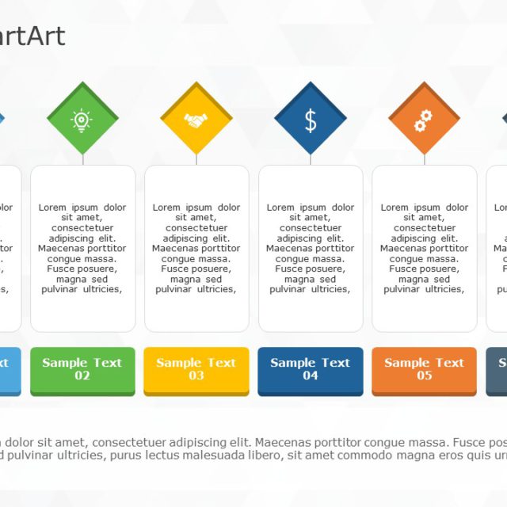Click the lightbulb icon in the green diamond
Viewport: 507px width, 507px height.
pyautogui.click(x=82, y=120)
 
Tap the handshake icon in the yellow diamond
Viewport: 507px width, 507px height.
pyautogui.click(x=196, y=120)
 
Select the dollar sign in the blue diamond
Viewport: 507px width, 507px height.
pyautogui.click(x=311, y=120)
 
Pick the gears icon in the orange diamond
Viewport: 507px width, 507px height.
pyautogui.click(x=424, y=120)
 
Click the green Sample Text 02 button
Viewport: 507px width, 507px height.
pyautogui.click(x=82, y=370)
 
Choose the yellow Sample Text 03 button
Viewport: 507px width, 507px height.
pyautogui.click(x=196, y=370)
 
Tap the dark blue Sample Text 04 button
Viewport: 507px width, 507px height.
pyautogui.click(x=311, y=370)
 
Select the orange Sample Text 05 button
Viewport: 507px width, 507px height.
pyautogui.click(x=424, y=370)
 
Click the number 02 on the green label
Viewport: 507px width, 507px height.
pyautogui.click(x=82, y=376)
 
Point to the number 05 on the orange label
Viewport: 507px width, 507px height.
pyautogui.click(x=425, y=376)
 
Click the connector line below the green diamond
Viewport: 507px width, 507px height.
pyautogui.click(x=82, y=159)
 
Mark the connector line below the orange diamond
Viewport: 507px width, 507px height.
pyautogui.click(x=425, y=159)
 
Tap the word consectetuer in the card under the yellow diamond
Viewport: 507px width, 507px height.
pyautogui.click(x=196, y=228)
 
